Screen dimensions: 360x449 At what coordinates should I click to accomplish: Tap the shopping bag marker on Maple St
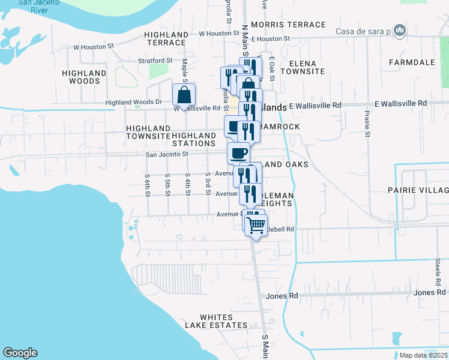click(184, 95)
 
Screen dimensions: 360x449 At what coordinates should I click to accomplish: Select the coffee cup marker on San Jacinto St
click(238, 152)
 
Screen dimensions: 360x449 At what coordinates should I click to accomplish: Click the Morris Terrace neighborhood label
click(289, 25)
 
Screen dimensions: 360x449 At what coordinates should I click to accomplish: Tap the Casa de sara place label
click(363, 31)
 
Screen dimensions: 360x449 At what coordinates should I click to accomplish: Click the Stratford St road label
click(155, 61)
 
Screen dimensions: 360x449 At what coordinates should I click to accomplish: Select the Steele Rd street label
click(437, 271)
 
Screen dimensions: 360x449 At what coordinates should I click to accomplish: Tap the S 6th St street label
click(147, 185)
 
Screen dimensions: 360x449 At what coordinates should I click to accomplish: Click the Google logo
click(20, 353)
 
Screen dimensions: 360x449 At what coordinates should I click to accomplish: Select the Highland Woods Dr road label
click(134, 102)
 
